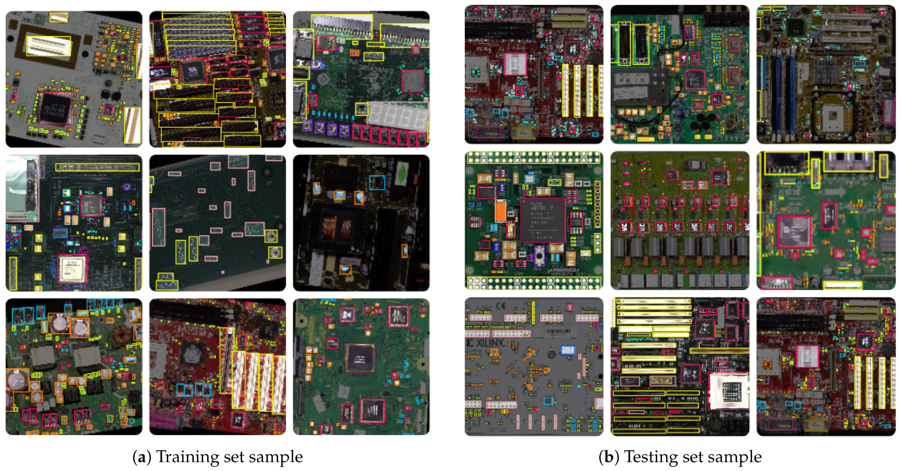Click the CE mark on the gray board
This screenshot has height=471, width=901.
click(x=501, y=306)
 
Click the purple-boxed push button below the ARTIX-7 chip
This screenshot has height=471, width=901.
click(x=539, y=255)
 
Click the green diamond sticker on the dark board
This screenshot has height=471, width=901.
click(x=403, y=172)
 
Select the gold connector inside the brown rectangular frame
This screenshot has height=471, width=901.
click(x=49, y=46)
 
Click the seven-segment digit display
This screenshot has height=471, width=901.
click(x=398, y=115)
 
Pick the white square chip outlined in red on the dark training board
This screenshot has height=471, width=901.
click(x=72, y=268)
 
